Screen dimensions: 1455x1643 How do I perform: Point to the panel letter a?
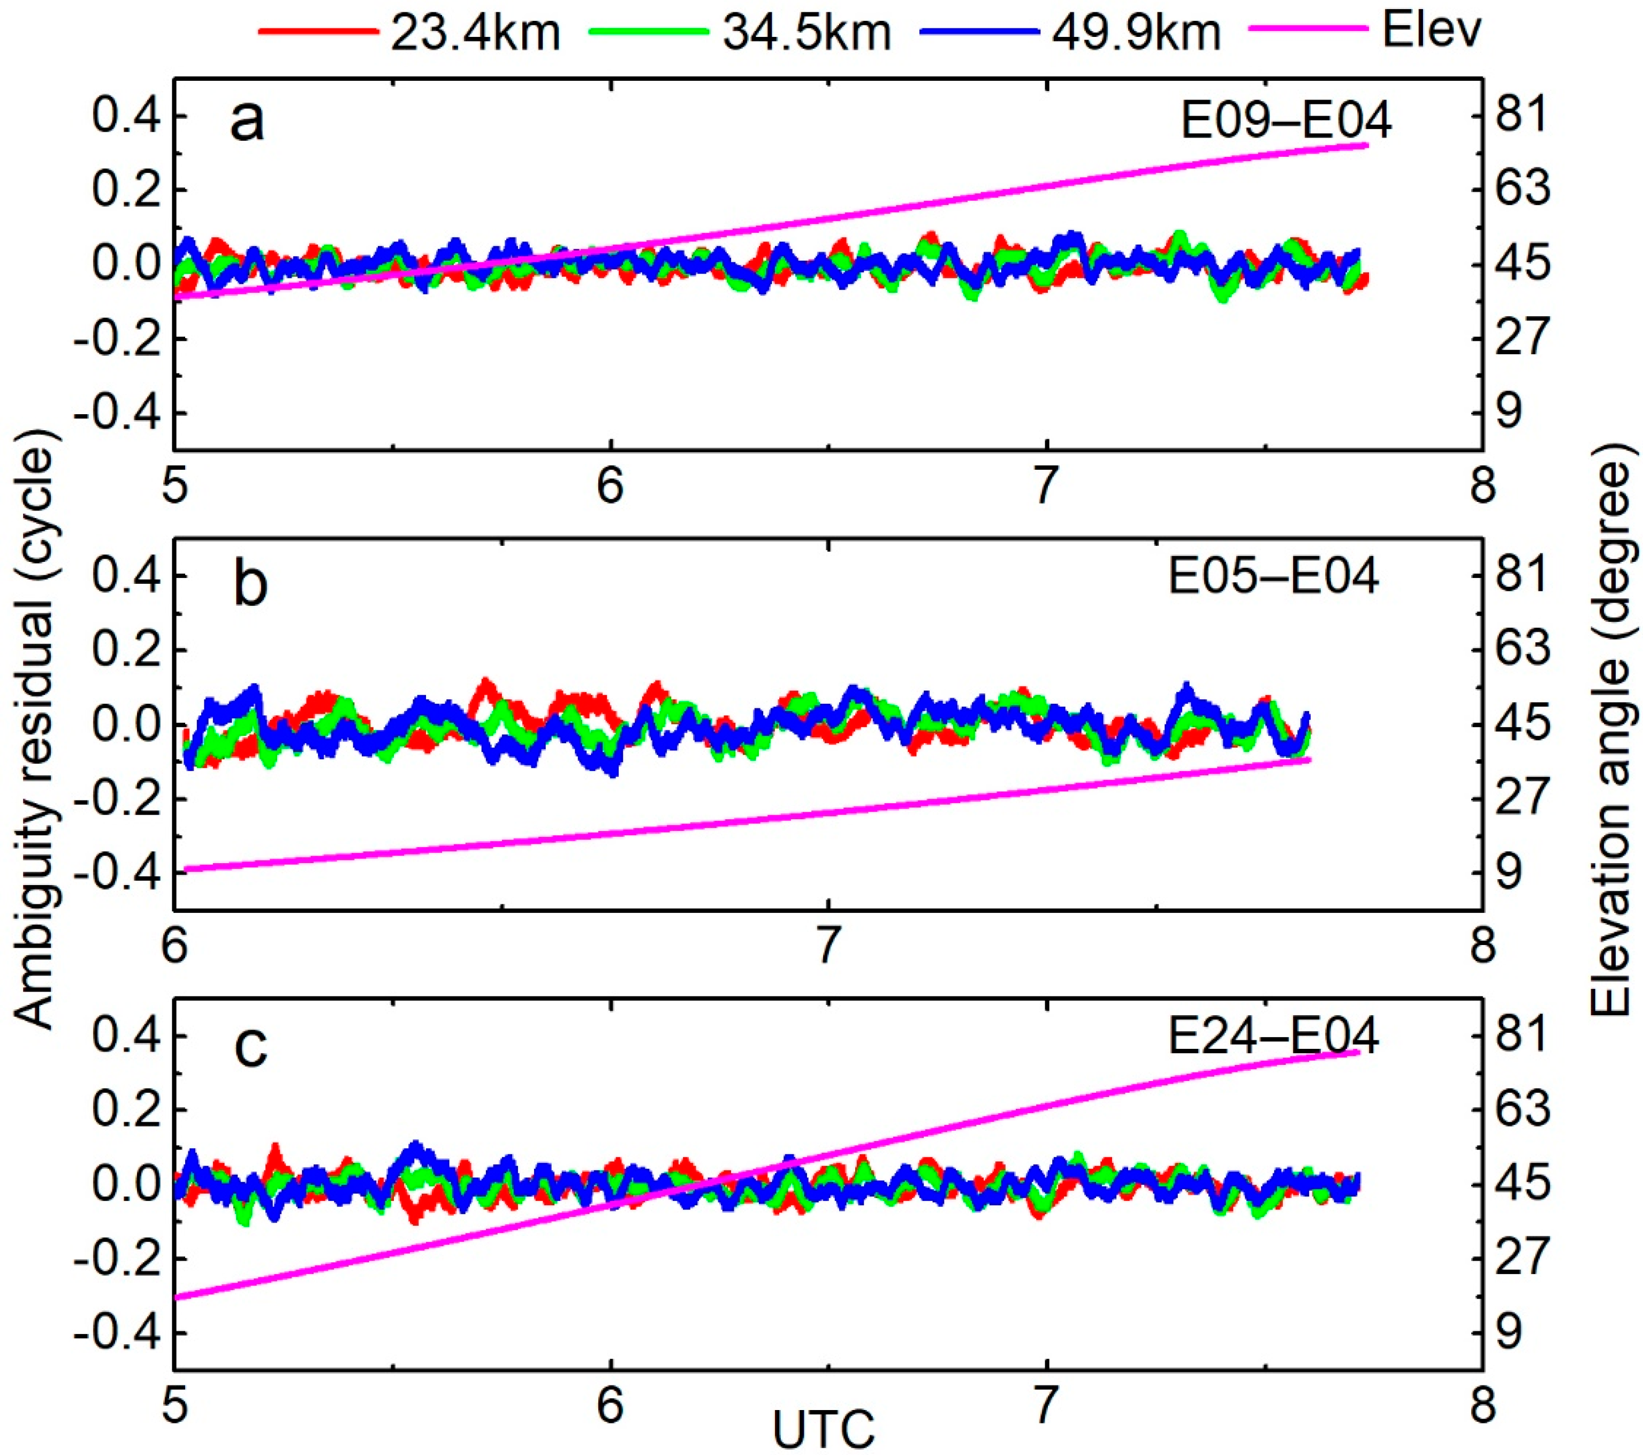coord(246,122)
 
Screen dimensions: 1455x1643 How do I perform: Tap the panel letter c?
coord(250,1047)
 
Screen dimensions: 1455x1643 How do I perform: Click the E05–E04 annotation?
coord(1273,576)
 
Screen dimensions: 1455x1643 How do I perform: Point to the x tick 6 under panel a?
coord(610,486)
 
